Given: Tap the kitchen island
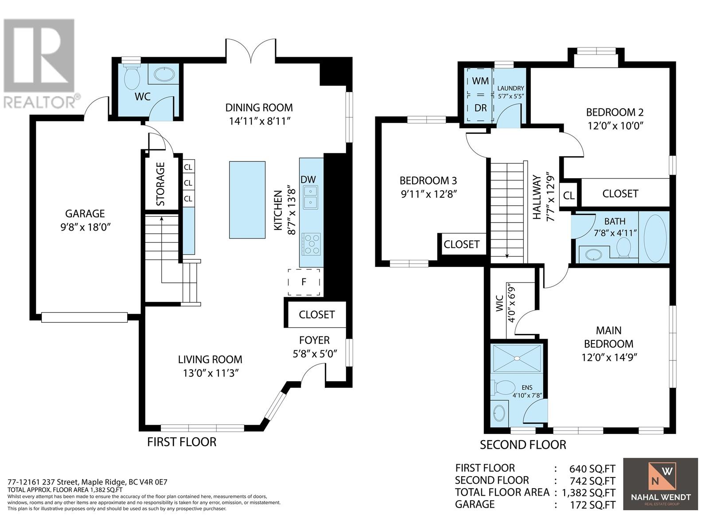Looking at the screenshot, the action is [247, 200].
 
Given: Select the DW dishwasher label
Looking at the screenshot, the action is [308, 180].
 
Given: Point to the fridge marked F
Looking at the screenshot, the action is [304, 282].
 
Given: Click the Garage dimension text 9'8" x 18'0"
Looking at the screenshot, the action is [85, 227].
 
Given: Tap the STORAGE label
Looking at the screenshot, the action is [160, 184].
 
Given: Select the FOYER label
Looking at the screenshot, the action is [314, 340].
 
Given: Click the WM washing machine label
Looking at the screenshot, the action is [480, 81].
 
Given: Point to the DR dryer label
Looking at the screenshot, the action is [481, 108].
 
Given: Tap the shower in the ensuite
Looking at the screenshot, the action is [517, 358].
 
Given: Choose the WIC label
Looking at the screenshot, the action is [499, 303].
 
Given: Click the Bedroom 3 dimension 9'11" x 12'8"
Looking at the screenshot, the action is [429, 195].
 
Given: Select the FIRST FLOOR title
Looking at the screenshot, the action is [182, 442].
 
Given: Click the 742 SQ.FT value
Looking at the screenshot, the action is [592, 481].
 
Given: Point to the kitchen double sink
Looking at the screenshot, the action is [311, 197].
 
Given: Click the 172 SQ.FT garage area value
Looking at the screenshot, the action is [592, 505].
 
